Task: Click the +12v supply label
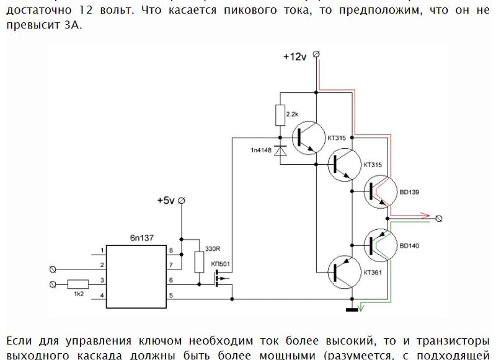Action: click(x=294, y=56)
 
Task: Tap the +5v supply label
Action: click(x=166, y=201)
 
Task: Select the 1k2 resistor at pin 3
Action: click(x=79, y=284)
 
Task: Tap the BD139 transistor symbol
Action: click(x=379, y=193)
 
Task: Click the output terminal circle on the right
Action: click(x=440, y=218)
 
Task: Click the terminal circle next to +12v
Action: click(x=317, y=55)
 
